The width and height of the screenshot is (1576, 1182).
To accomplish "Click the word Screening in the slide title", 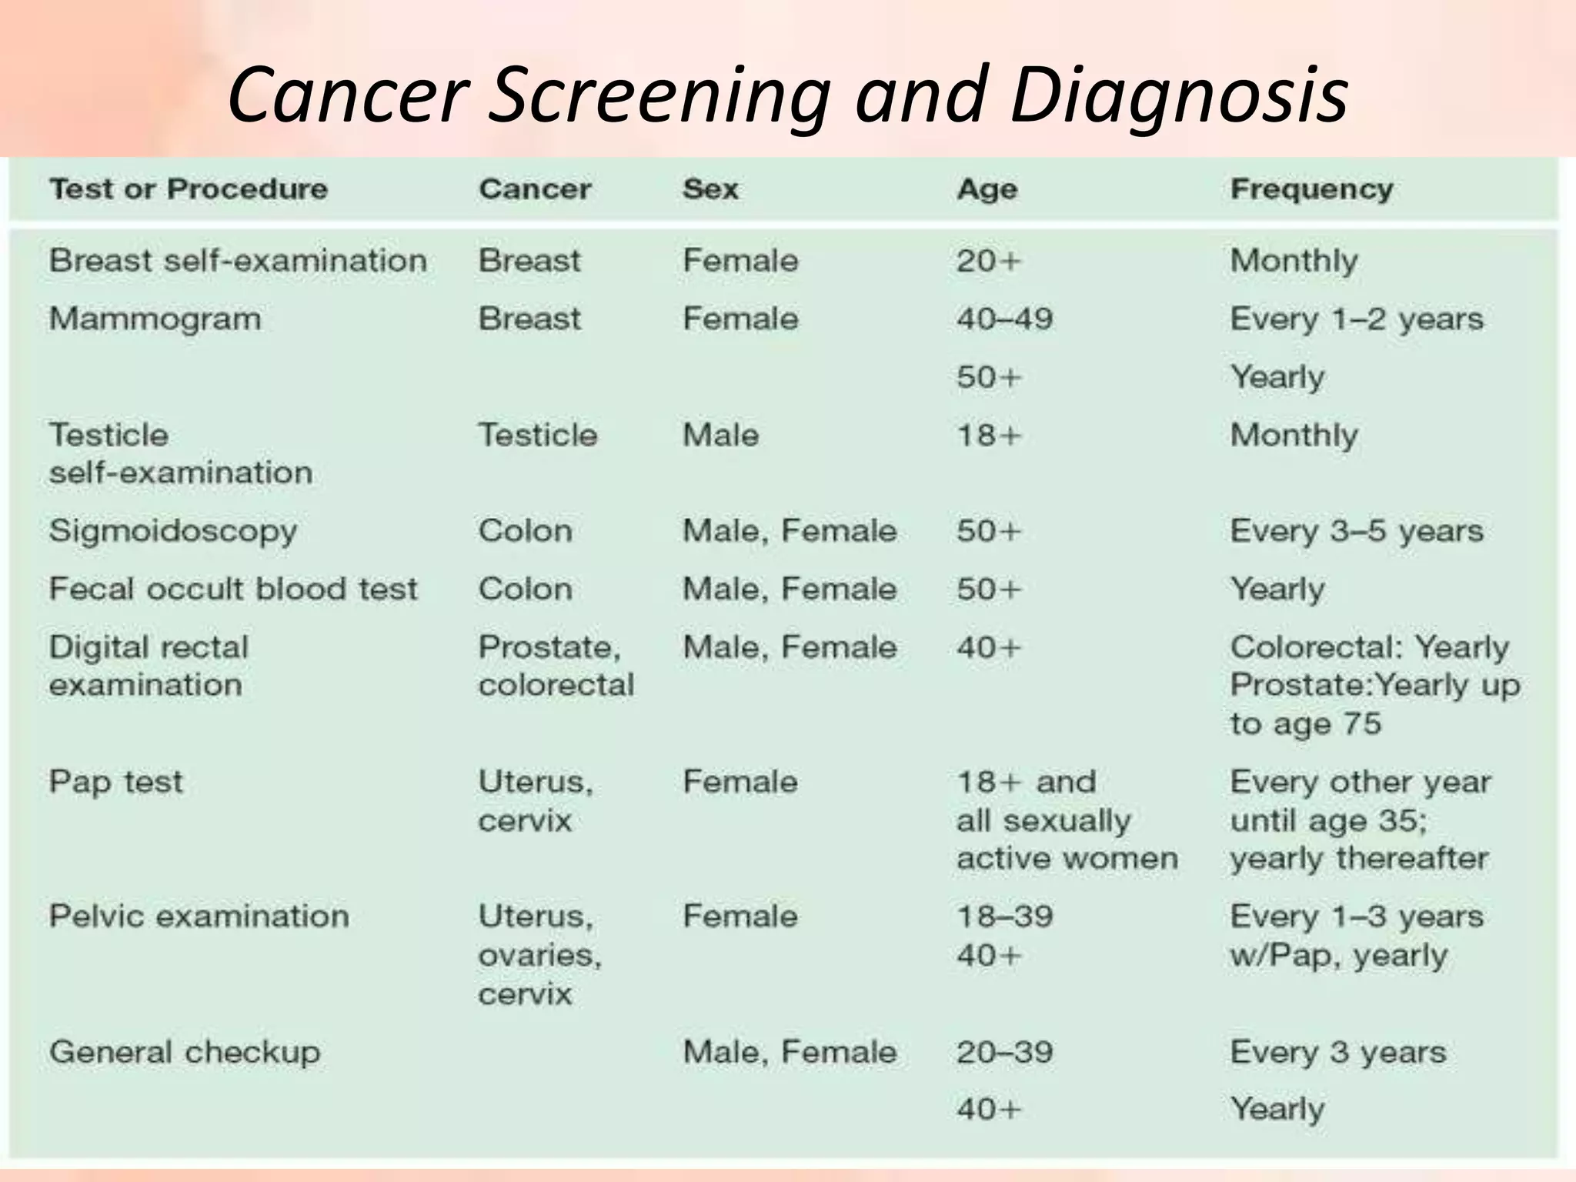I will click(659, 95).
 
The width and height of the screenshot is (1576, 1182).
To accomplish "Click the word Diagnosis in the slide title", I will click(1178, 95).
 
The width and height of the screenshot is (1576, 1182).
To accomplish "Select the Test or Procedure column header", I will click(189, 189).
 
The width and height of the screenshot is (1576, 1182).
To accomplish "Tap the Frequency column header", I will click(1311, 189).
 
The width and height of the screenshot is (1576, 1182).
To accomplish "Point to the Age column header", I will click(987, 189).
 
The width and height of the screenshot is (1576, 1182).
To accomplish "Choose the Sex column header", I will click(710, 189).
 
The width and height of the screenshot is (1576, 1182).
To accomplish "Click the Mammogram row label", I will click(155, 319).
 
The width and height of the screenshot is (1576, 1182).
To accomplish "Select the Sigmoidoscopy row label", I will click(173, 532).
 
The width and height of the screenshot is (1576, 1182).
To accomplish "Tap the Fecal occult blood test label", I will click(233, 589).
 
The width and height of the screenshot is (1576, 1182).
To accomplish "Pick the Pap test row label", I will click(116, 783).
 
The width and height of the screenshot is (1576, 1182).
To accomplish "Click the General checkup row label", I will click(185, 1053).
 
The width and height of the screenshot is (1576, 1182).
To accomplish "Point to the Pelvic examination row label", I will click(199, 917).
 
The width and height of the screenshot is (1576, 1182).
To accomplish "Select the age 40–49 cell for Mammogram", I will click(1004, 319).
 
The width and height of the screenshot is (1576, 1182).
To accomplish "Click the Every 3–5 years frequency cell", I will click(1357, 531).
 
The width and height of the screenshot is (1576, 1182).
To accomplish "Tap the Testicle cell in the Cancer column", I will click(537, 436).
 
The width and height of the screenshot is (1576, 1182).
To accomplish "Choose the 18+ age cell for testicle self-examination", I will click(988, 436).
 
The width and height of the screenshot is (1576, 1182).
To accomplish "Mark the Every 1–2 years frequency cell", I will click(1357, 319).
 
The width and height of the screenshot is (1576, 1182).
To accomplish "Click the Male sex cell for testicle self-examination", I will click(720, 436).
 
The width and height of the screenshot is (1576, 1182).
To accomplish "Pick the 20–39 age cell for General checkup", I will click(1004, 1052).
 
